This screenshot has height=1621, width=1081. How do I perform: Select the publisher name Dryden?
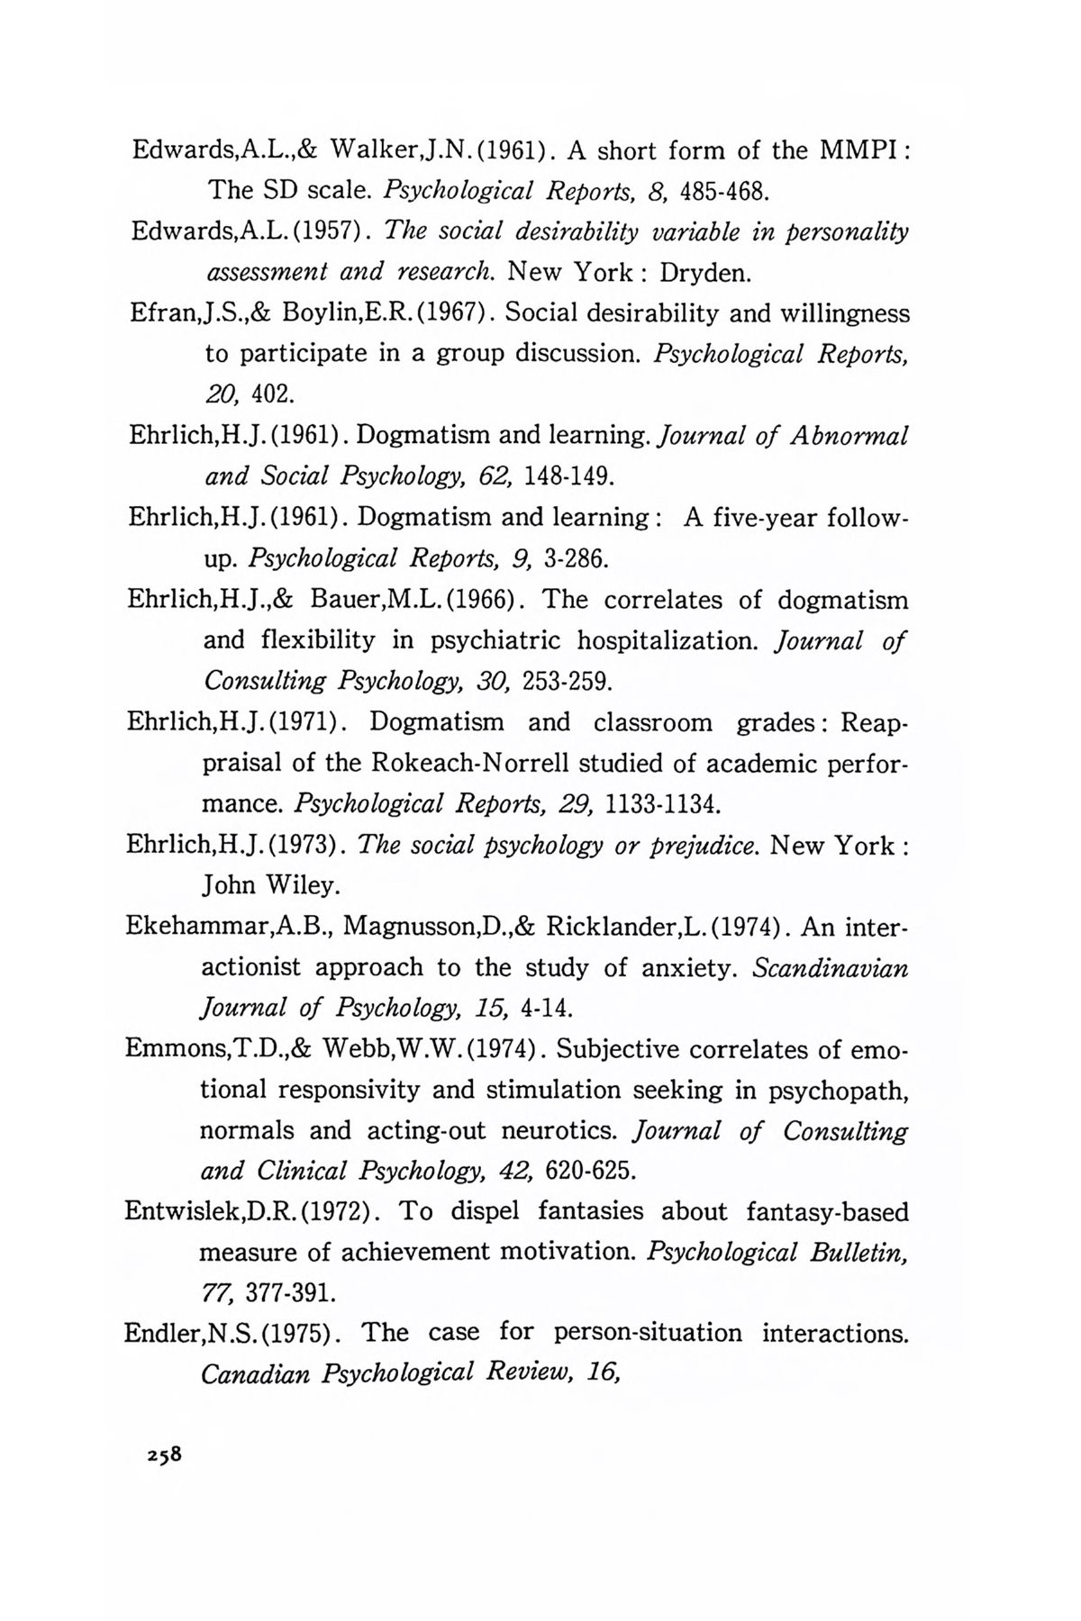713,271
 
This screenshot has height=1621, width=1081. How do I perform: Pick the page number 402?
272,394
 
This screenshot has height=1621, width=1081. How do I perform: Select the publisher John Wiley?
271,886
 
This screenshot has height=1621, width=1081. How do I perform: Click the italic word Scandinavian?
830,967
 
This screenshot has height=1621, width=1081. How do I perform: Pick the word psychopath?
837,1091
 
